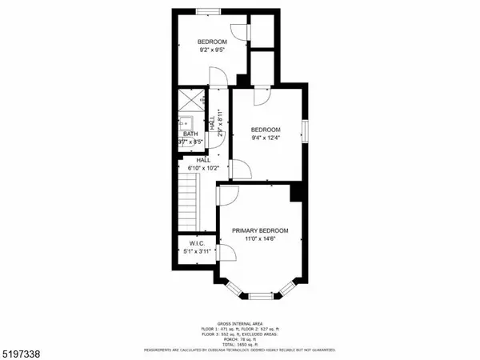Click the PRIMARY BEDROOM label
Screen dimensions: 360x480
pos(260,230)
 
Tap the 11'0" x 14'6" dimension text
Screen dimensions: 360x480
pos(260,238)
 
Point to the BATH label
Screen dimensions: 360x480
pos(190,134)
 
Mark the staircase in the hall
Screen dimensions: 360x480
pos(187,204)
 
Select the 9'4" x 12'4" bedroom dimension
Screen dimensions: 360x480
pos(265,138)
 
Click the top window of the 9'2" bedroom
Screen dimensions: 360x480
pos(210,10)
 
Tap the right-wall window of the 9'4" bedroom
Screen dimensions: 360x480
pos(305,130)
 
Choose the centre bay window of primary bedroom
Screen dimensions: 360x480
pos(260,296)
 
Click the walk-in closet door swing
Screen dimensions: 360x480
pos(226,254)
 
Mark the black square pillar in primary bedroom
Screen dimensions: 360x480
pos(295,192)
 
